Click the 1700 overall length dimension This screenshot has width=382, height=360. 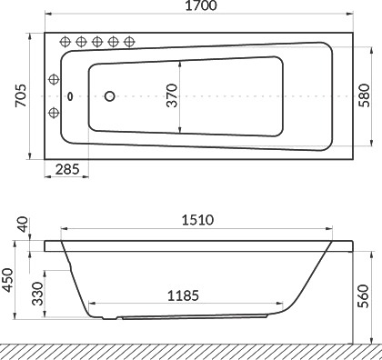201,5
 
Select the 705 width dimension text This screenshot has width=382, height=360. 21,95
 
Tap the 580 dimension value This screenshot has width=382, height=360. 364,95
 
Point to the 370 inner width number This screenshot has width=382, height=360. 172,95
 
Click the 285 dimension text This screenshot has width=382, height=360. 67,169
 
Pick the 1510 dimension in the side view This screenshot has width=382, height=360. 197,220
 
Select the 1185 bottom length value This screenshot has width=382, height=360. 184,295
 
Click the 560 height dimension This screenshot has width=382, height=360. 363,296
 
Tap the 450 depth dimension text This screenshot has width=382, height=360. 8,280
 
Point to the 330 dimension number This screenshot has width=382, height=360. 38,294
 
